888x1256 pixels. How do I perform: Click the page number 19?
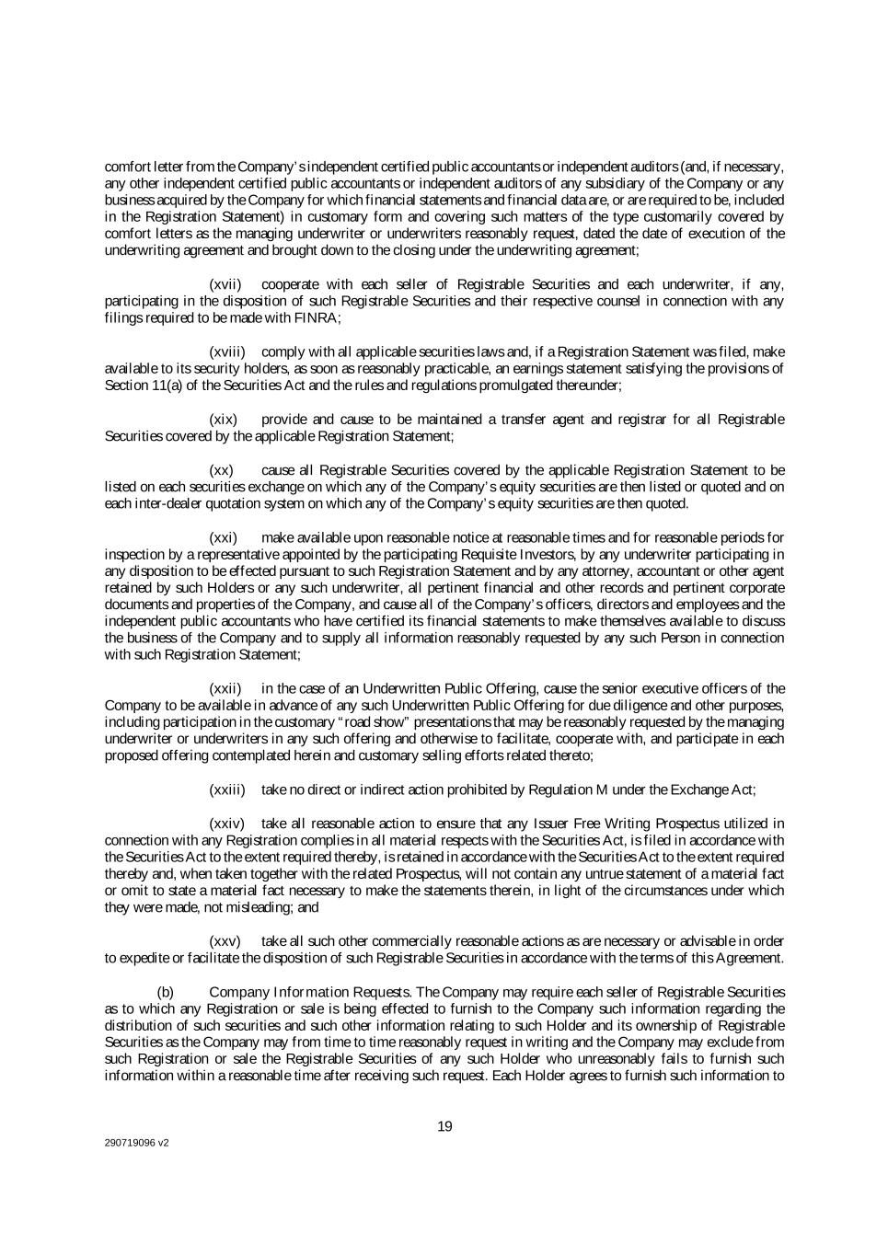(x=444, y=1127)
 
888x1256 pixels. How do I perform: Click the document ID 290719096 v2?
(x=136, y=1144)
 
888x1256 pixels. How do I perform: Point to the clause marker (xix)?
(x=225, y=420)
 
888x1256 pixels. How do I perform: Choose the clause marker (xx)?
(x=223, y=470)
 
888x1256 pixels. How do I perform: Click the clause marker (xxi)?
(x=224, y=537)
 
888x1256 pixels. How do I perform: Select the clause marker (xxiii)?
(x=227, y=789)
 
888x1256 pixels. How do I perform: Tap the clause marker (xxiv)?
(x=226, y=824)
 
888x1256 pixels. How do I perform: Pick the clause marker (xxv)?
(x=225, y=941)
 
